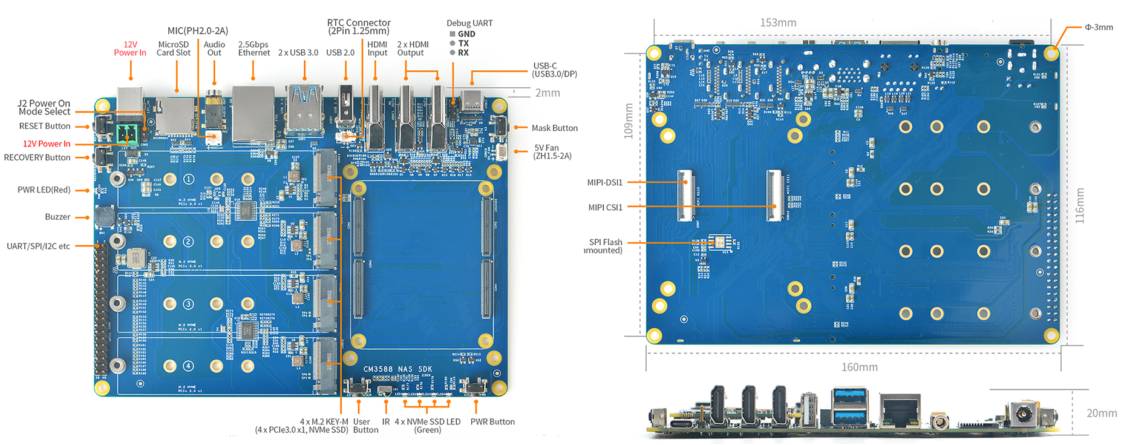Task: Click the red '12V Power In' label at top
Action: pyautogui.click(x=130, y=48)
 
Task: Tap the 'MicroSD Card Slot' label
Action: pyautogui.click(x=174, y=48)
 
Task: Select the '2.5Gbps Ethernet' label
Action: pyautogui.click(x=253, y=48)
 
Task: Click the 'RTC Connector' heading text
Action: pyautogui.click(x=359, y=22)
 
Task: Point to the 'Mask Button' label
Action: pyautogui.click(x=554, y=128)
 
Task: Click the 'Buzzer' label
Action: pyautogui.click(x=57, y=217)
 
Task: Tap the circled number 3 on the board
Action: pyautogui.click(x=189, y=304)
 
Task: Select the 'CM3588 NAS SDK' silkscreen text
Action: pyautogui.click(x=397, y=369)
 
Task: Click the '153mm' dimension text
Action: pyautogui.click(x=778, y=22)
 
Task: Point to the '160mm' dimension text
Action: pyautogui.click(x=859, y=367)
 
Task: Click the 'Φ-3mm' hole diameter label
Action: pyautogui.click(x=1099, y=27)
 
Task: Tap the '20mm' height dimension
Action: pyautogui.click(x=1102, y=413)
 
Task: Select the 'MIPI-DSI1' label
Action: pyautogui.click(x=604, y=182)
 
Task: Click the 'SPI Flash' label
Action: pyautogui.click(x=606, y=242)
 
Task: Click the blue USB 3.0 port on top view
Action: pyautogui.click(x=304, y=109)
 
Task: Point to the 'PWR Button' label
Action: pyautogui.click(x=492, y=421)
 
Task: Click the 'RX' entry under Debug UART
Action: pyautogui.click(x=463, y=53)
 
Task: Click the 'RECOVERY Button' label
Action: pyautogui.click(x=37, y=157)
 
